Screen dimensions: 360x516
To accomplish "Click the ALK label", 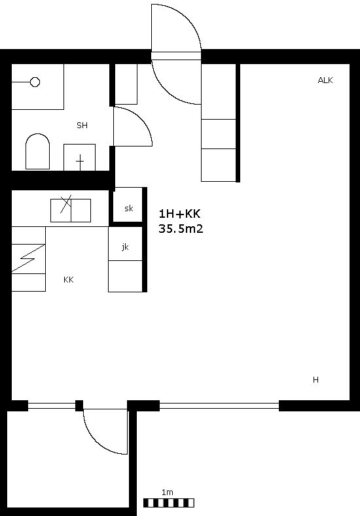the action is click(325, 80).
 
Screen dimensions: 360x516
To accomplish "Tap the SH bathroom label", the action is click(82, 126).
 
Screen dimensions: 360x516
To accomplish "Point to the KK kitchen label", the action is click(69, 280).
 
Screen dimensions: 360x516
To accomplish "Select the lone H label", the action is click(315, 380).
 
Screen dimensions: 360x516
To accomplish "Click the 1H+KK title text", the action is click(179, 214).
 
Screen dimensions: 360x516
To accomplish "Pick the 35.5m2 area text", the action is click(181, 228).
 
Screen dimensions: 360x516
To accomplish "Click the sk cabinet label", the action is click(129, 209).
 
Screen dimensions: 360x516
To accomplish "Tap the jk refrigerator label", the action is click(125, 247).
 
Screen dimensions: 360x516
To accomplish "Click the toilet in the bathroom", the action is click(38, 151).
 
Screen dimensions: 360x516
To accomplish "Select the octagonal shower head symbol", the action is click(35, 82).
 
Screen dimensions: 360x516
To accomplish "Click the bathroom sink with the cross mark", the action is click(79, 158).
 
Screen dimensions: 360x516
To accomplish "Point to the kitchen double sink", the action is click(71, 211).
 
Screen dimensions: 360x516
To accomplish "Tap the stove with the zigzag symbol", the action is click(28, 259).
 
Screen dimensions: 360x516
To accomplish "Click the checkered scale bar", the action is click(169, 503).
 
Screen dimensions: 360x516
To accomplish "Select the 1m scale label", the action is click(168, 492).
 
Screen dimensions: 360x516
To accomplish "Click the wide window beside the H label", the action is click(219, 405).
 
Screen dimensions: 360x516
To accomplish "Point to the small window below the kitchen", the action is click(52, 405).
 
